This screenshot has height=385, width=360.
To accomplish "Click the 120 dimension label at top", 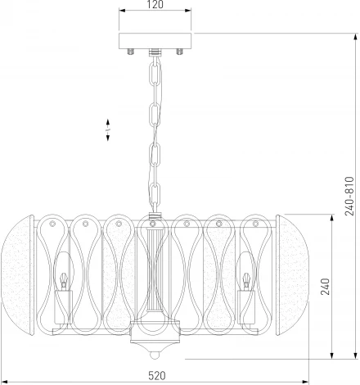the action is (x=155, y=4).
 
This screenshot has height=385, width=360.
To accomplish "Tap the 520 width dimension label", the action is (x=157, y=376).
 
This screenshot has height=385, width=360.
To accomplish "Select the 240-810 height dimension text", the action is (x=349, y=196).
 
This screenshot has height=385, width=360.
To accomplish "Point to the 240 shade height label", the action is (x=325, y=287).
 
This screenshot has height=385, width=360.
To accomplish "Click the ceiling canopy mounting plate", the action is (x=155, y=41).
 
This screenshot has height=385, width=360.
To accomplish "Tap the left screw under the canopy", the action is (x=131, y=52).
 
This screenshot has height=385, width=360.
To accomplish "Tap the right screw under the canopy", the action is (x=179, y=52).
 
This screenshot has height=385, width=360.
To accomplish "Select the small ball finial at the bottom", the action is (x=155, y=356).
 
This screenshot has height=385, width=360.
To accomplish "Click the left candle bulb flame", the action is (x=63, y=278).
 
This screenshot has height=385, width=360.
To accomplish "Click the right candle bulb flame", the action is (x=246, y=278).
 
